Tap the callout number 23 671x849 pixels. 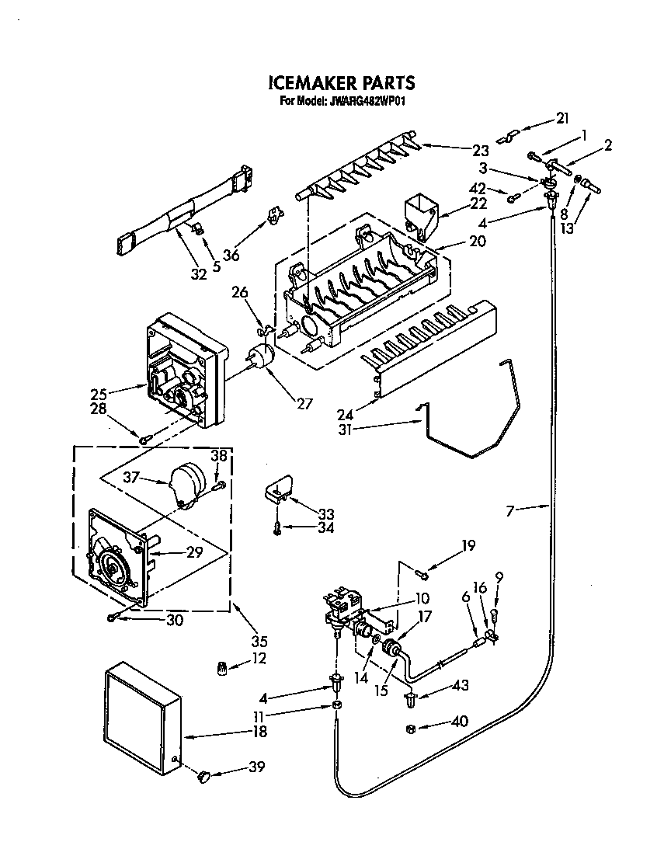coord(480,151)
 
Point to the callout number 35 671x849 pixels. coord(259,642)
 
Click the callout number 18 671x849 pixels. coord(259,732)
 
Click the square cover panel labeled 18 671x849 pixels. coord(140,719)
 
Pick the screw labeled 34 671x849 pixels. coord(276,526)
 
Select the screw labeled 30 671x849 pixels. coord(114,618)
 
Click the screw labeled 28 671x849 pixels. coord(144,440)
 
